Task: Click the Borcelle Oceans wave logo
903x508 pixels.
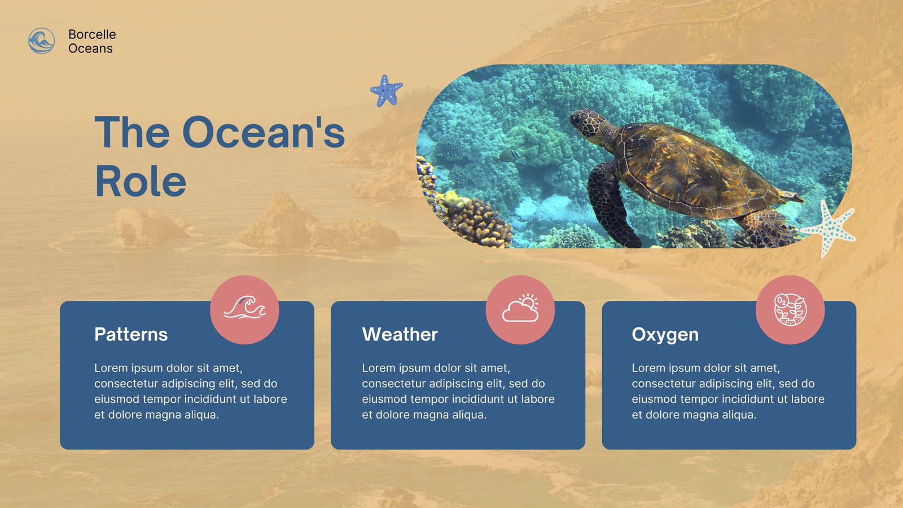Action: (42, 41)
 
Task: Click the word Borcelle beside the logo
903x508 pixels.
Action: (92, 34)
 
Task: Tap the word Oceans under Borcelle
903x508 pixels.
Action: (90, 49)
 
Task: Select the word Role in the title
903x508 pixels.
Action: (141, 181)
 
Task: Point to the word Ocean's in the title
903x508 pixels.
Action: (264, 132)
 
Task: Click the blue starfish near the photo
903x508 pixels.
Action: (386, 90)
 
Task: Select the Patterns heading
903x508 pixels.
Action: (131, 335)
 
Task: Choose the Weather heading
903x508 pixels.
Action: (400, 335)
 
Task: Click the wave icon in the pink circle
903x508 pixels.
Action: (245, 308)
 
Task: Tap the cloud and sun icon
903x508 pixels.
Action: (520, 308)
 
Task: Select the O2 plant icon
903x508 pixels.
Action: (790, 310)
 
